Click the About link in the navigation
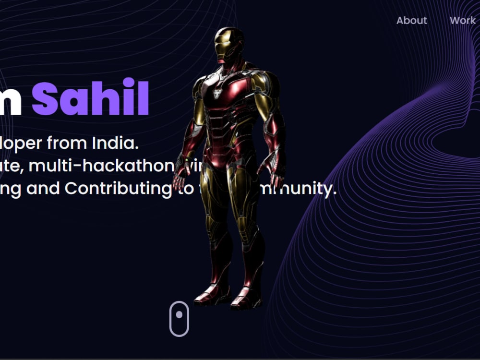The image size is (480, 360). coord(411,20)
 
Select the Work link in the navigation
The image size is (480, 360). coord(462,20)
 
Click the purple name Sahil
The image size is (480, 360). coord(90,98)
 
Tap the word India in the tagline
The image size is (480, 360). coord(115,143)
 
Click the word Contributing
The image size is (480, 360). coord(118,189)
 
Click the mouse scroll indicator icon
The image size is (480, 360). coord(179,319)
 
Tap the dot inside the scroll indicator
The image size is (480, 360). coord(179,315)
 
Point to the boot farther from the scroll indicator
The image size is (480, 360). coord(246,298)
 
